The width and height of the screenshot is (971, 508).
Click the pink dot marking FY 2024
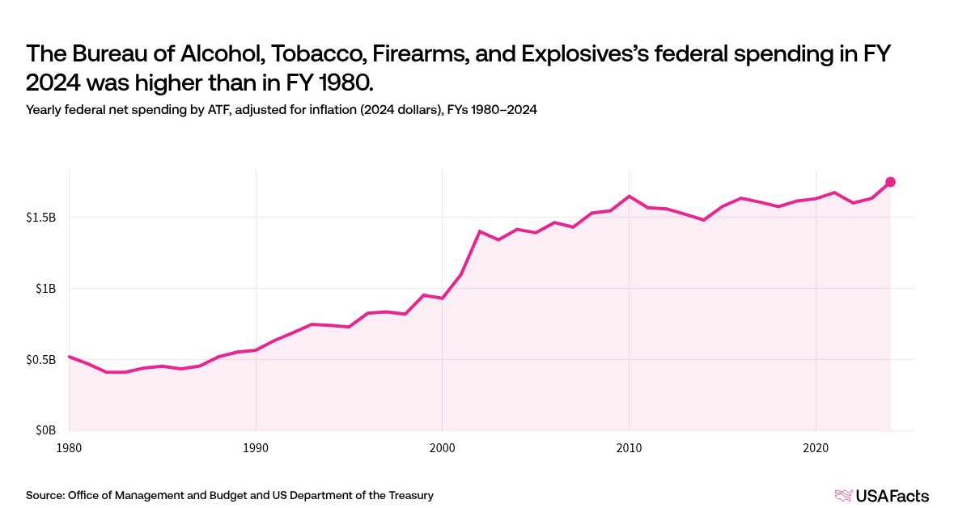890,182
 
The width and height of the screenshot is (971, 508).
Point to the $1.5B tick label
41,218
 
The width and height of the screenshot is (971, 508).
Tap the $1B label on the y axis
46,289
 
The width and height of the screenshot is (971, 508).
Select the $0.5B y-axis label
41,360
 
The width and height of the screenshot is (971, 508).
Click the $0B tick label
46,430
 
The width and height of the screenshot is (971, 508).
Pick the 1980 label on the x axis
69,448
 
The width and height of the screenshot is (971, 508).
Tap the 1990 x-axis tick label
256,448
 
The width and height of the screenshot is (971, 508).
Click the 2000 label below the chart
442,448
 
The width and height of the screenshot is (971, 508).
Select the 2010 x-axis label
629,448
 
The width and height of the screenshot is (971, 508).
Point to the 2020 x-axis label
816,448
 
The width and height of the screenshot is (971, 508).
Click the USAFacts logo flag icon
843,495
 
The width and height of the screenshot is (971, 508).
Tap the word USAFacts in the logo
892,495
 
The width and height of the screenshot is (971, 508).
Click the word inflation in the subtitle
333,110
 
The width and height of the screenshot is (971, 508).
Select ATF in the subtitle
218,110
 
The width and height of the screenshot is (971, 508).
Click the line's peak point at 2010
629,197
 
